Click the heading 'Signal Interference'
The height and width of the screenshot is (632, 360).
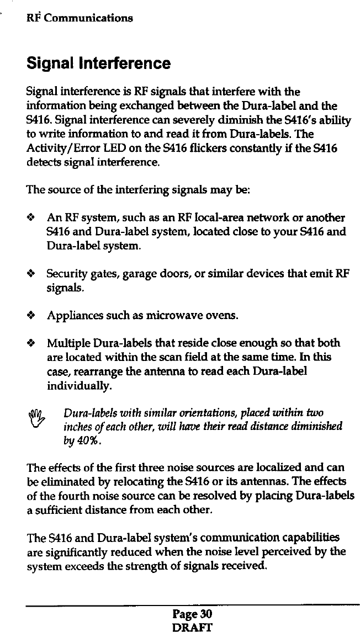tap(99, 63)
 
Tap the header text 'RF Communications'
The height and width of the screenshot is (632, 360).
tap(80, 18)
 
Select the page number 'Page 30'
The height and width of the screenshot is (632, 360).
tap(192, 615)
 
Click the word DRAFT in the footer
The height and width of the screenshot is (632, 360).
tap(192, 626)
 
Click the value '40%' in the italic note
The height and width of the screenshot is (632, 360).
tap(88, 442)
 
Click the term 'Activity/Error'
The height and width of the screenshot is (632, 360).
tap(62, 150)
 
